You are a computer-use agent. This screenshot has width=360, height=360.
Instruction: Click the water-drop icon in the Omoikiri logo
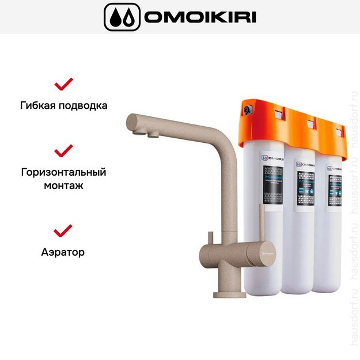click(x=122, y=17)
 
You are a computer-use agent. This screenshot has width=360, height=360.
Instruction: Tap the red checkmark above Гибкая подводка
click(x=63, y=84)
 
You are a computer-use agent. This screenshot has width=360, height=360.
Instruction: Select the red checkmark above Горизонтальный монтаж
click(x=63, y=151)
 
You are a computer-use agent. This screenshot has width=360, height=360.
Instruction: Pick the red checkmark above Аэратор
click(x=63, y=230)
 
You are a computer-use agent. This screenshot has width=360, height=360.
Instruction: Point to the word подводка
click(x=84, y=106)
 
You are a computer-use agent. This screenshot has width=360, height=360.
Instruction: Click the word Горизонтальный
click(x=63, y=172)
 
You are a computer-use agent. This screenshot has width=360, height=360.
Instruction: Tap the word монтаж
click(x=63, y=185)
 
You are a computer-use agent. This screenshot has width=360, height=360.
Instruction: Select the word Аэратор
click(x=63, y=252)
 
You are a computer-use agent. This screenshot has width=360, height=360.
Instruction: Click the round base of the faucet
click(x=229, y=294)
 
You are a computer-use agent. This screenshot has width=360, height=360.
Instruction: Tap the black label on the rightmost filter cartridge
click(x=336, y=188)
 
